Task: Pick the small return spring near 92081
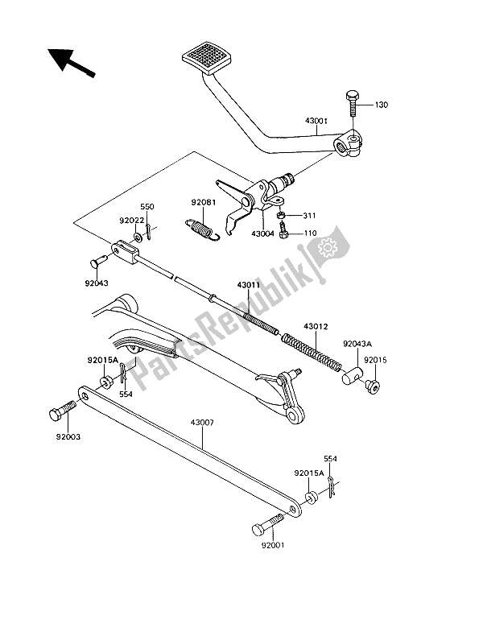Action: pos(200,229)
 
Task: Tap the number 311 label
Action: pos(311,216)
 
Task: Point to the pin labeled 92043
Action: pos(97,261)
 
